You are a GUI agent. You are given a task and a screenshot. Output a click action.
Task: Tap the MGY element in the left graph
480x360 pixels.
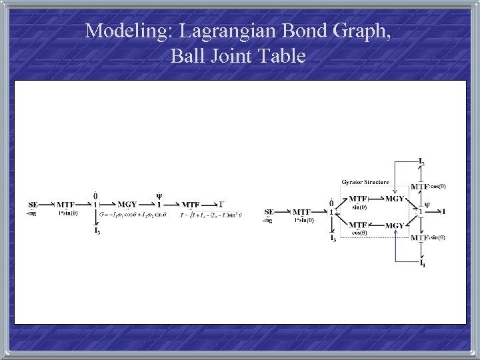coord(127,204)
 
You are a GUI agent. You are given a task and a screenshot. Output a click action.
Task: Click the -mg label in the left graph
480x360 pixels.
coord(31,213)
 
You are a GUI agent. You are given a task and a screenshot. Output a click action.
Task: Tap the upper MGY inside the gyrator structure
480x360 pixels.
coord(395,198)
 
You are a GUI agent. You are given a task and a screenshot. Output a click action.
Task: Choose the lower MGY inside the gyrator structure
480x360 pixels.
coord(395,225)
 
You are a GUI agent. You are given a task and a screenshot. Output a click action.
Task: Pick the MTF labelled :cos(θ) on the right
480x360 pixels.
coord(419,187)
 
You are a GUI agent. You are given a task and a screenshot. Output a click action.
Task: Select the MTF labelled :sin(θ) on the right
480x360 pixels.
coord(419,237)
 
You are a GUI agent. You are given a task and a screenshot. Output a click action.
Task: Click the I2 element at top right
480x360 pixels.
coord(421,162)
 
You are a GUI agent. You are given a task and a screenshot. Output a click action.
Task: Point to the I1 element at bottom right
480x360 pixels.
coord(421,264)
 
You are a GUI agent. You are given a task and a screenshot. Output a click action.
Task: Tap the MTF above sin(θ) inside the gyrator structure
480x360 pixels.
coord(359,198)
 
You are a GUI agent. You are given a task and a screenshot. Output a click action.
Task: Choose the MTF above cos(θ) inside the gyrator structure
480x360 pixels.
coord(359,225)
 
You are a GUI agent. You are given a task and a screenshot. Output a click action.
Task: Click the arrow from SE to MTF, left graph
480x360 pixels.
coord(47,204)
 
